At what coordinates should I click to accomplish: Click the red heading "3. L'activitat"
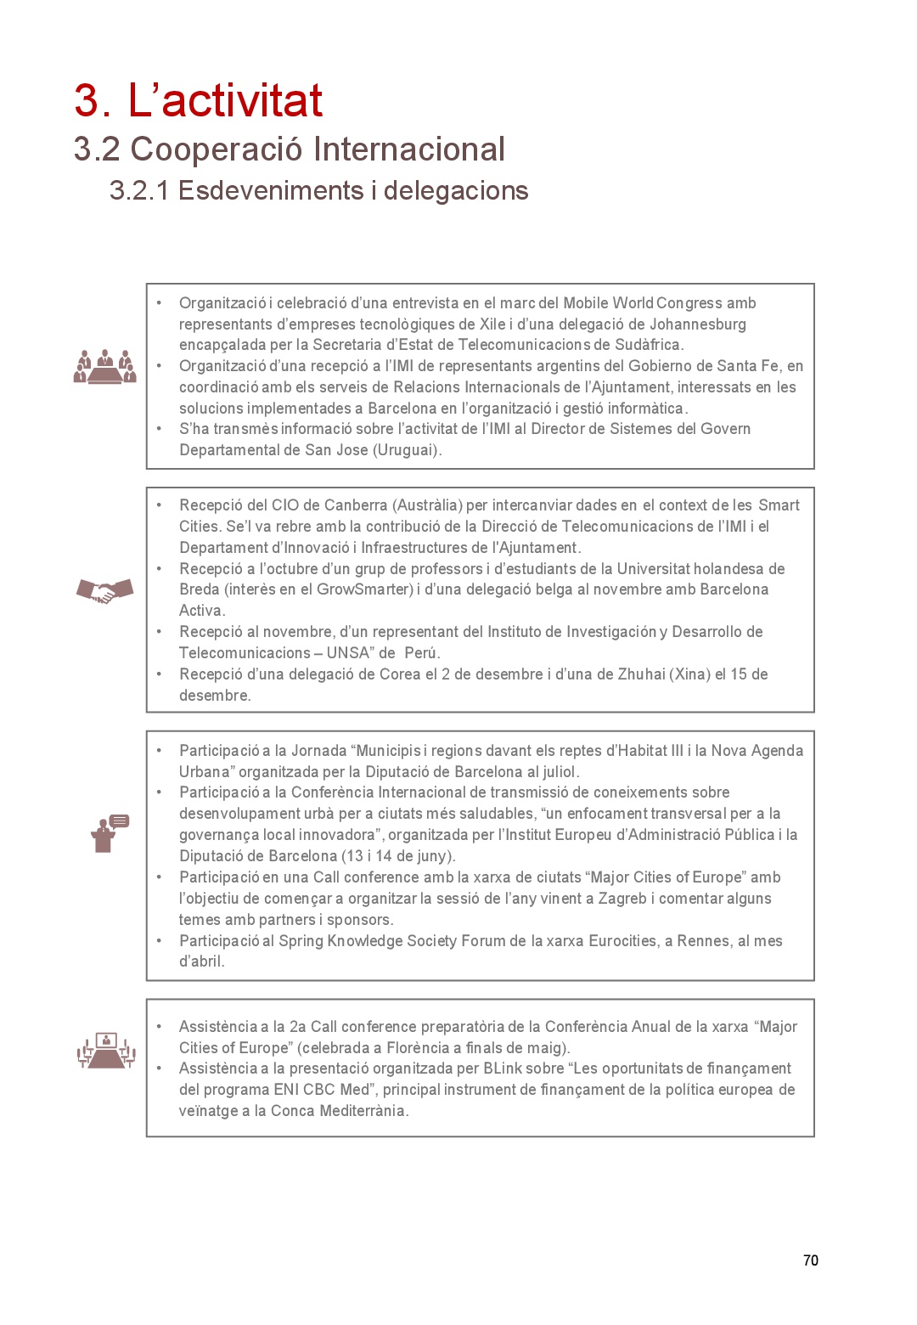tap(198, 100)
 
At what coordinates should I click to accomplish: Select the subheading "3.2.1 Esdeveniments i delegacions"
tap(318, 191)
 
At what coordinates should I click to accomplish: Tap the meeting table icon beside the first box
tap(104, 366)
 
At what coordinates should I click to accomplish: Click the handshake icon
tap(104, 590)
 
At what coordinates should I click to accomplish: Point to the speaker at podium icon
tap(109, 833)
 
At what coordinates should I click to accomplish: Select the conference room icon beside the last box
tap(106, 1051)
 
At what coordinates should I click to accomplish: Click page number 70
tap(810, 1260)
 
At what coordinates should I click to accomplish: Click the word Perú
tap(421, 653)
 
